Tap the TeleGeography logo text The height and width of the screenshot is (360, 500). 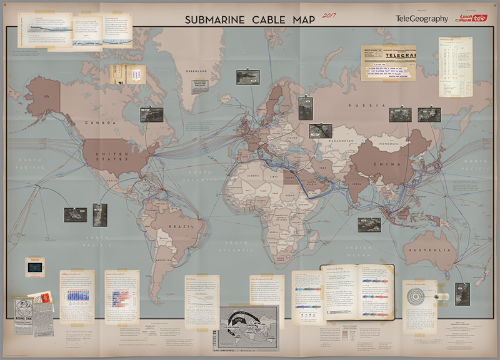point(422,19)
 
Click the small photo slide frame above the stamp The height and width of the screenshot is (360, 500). point(34,267)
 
